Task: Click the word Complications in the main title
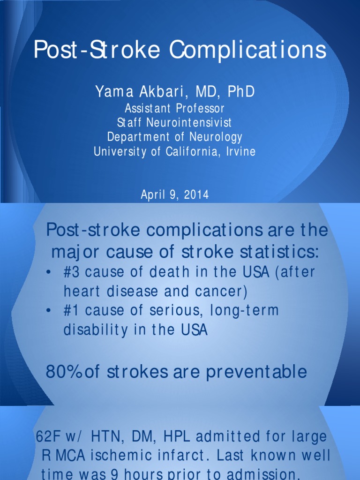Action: (248, 51)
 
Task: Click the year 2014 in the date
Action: (197, 195)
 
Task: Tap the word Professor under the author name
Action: (200, 108)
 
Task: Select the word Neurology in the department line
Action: (219, 137)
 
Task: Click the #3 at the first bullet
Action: (71, 273)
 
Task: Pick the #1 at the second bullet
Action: (71, 311)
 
